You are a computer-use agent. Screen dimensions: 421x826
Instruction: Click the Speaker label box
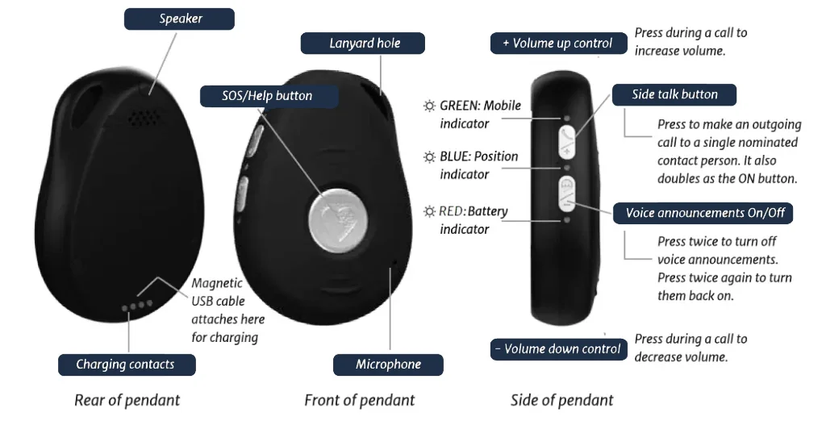point(180,19)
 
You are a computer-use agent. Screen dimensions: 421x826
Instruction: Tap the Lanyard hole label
point(364,44)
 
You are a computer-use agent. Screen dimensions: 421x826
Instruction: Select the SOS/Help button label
point(267,96)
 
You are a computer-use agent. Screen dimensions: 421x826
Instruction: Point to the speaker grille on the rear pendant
point(144,118)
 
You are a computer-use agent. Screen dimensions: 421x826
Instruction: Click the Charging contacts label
point(125,365)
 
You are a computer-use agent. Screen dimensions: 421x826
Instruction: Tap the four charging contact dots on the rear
point(136,306)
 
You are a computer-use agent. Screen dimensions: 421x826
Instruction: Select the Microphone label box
point(388,365)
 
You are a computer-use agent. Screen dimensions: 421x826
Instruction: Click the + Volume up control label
point(557,44)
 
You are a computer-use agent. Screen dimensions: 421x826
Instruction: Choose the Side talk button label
point(674,94)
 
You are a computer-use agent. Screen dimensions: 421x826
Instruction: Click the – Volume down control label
point(557,349)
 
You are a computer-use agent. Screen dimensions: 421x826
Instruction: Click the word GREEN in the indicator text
point(460,106)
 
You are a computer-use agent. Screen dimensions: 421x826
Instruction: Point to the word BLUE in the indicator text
point(457,156)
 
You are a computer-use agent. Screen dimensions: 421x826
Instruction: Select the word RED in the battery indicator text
point(452,212)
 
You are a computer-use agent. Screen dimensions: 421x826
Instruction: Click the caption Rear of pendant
point(127,400)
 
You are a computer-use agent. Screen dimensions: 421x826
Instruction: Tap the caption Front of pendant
point(359,400)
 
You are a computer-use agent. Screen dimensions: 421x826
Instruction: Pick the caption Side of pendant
point(561,400)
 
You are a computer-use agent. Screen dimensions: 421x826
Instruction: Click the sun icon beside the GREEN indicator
point(430,106)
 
